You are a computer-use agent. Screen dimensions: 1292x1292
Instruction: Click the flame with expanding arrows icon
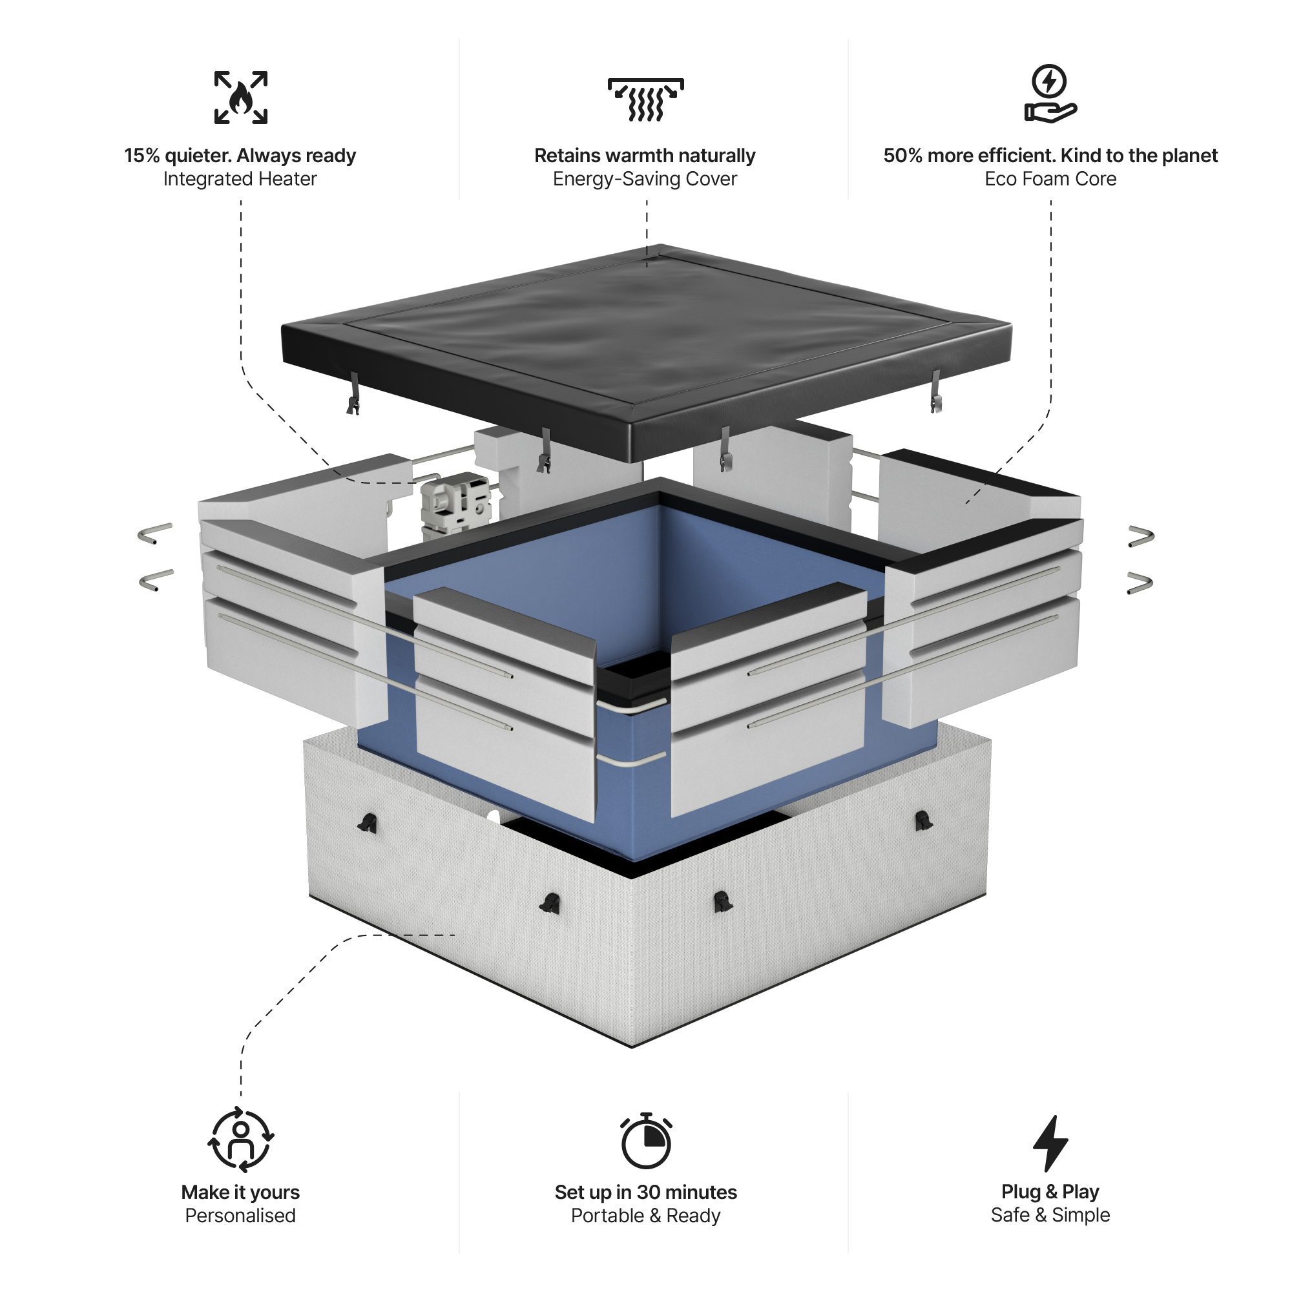coord(241,98)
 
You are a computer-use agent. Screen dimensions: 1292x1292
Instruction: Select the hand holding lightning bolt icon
coord(1050,94)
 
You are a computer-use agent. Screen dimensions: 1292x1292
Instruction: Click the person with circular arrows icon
coord(241,1141)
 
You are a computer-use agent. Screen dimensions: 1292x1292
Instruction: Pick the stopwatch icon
coord(645,1141)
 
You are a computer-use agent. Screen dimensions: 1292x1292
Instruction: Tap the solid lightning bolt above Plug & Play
coord(1050,1143)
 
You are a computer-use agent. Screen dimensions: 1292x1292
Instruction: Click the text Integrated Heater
coord(240,179)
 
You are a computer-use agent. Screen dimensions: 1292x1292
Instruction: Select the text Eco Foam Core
coord(1050,179)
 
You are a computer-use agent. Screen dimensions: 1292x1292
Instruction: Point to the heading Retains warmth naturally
coord(645,156)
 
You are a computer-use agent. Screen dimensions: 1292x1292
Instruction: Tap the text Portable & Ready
coord(645,1215)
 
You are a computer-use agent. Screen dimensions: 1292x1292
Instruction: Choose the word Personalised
coord(240,1215)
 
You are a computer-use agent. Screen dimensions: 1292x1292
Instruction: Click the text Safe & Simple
coord(1050,1214)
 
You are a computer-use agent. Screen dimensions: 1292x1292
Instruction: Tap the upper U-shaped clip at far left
coord(156,533)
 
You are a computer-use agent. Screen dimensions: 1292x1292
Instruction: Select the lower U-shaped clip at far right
coord(1140,583)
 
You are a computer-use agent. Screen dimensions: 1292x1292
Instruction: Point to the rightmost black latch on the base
coord(923,820)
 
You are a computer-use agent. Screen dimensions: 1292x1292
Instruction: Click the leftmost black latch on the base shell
coord(367,824)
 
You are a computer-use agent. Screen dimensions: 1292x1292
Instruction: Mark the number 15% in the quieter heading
coord(141,156)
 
